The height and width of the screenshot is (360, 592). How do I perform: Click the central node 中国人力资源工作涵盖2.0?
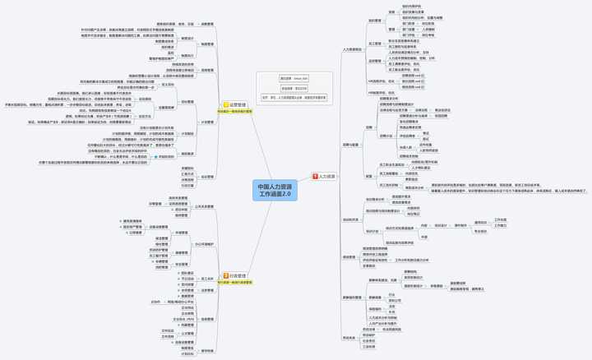(275, 191)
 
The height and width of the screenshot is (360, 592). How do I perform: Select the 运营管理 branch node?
(238, 105)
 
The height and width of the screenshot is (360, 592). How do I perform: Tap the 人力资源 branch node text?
(327, 177)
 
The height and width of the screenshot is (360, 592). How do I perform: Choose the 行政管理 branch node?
(238, 276)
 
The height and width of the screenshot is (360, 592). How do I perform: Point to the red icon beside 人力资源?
(315, 177)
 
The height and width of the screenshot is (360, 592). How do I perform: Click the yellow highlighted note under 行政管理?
(235, 283)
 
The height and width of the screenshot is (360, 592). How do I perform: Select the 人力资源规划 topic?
(352, 49)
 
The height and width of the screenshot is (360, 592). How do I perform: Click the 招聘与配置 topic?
(351, 145)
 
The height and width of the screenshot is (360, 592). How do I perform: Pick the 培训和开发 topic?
(351, 219)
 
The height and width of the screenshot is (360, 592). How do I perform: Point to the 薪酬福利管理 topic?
(352, 298)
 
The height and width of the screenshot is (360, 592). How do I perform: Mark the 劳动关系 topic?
(349, 337)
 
